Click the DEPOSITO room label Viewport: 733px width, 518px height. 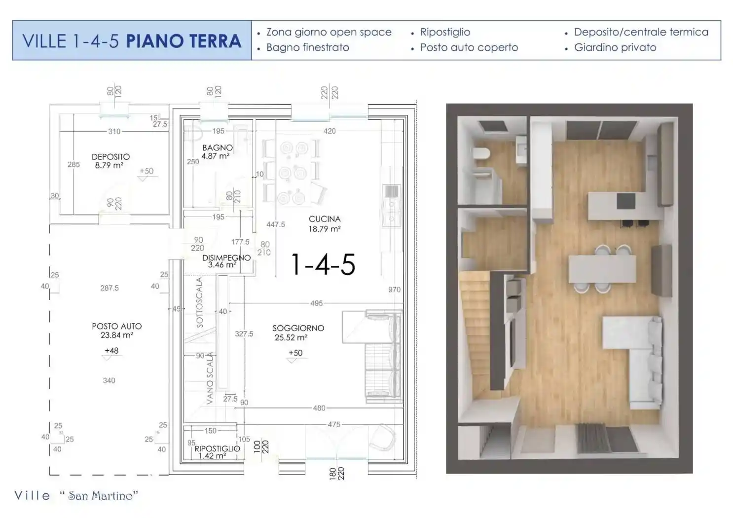tap(110, 157)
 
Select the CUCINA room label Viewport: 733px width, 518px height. tap(325, 219)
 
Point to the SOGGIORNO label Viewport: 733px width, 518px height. tap(298, 328)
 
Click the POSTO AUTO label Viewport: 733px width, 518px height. tap(116, 326)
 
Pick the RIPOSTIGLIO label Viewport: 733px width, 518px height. tap(217, 449)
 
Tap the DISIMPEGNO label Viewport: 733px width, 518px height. tap(226, 258)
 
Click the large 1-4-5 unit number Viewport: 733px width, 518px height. tap(323, 264)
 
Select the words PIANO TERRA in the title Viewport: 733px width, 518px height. tap(183, 41)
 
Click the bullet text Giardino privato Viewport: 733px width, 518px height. tap(615, 48)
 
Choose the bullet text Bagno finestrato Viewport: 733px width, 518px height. tap(307, 48)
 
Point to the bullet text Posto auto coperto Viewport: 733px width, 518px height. tap(469, 48)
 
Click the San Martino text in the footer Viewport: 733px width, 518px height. tap(103, 496)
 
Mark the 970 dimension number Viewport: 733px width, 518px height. tap(394, 290)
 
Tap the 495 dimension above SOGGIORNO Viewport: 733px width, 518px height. tap(316, 303)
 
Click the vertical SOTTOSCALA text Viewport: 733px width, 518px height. tap(200, 302)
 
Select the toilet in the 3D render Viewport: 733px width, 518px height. tap(480, 154)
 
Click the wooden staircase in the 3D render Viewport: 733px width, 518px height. tap(475, 335)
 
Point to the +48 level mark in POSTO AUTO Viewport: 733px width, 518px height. tap(111, 351)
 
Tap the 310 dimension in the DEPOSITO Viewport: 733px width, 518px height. tap(114, 131)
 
